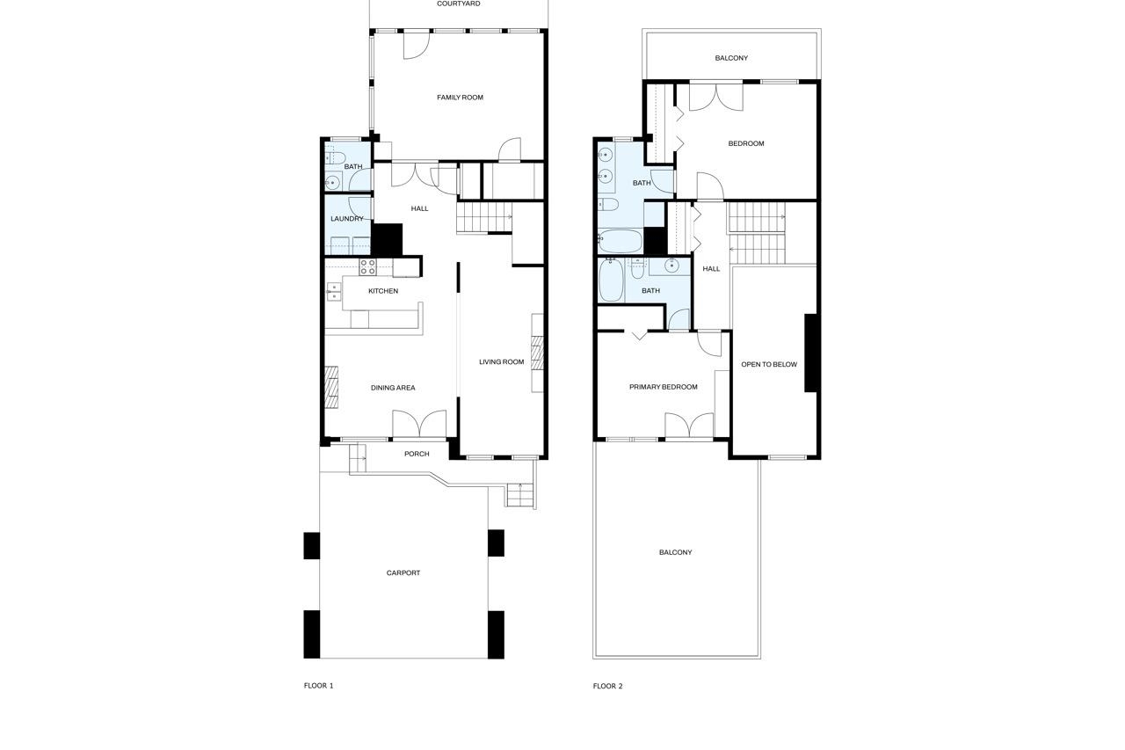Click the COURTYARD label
[x=459, y=4]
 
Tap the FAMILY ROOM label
[x=460, y=98]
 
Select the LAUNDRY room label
[x=347, y=219]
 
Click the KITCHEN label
[x=383, y=291]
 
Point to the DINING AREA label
[x=393, y=388]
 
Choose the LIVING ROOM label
[x=501, y=361]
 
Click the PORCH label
[x=417, y=454]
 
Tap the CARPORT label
[x=403, y=572]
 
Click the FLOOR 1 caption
[x=318, y=686]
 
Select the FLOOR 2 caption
[x=607, y=686]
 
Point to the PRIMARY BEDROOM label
[x=664, y=387]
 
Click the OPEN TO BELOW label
[x=769, y=364]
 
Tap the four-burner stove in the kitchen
[x=367, y=267]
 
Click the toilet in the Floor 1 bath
[x=335, y=158]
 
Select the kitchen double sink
[x=334, y=291]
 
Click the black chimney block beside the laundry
[x=388, y=240]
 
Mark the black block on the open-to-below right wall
[x=811, y=353]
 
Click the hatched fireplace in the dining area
[x=331, y=387]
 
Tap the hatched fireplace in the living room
[x=537, y=353]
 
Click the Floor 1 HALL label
[x=420, y=208]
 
